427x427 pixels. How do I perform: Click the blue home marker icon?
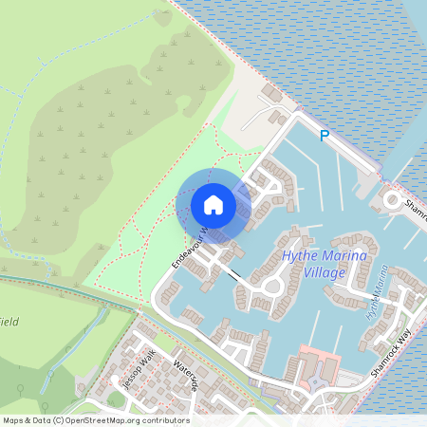coord(213,204)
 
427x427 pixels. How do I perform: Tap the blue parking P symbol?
coord(325,137)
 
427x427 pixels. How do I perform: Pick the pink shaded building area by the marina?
coord(319,370)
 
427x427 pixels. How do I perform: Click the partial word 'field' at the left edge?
coord(9,323)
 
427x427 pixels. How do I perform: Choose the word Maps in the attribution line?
coord(13,419)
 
